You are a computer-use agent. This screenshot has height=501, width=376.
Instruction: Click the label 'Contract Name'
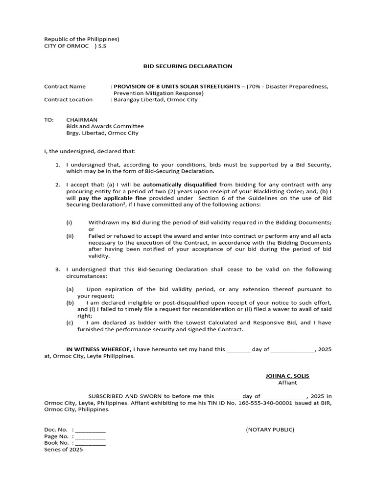65,87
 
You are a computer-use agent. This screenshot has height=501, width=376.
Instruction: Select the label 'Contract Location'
68,100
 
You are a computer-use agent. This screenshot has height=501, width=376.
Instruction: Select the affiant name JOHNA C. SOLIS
287,376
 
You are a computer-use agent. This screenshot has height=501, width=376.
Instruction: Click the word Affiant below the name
287,383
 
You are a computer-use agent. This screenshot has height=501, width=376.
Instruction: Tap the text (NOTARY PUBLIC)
270,430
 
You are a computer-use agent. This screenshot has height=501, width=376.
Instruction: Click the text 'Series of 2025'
64,450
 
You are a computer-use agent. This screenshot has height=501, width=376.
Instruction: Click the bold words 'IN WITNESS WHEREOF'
98,349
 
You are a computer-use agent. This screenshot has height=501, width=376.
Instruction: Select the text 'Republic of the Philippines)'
82,39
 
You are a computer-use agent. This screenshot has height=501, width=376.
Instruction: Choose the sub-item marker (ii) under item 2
70,236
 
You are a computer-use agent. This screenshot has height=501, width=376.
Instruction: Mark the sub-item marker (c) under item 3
70,323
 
